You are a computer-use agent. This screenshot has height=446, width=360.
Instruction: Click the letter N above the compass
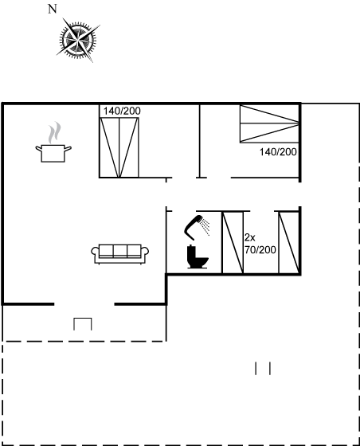53,10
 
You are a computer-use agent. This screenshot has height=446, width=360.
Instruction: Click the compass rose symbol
78,40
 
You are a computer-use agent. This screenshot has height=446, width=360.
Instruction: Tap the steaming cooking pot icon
53,143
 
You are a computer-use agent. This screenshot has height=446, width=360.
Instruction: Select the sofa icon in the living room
119,254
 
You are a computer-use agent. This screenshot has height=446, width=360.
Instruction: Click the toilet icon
198,256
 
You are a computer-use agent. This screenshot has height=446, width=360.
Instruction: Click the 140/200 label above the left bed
122,111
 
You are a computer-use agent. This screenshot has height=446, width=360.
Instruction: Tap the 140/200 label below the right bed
278,152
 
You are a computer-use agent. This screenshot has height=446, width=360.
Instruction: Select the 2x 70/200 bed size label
260,244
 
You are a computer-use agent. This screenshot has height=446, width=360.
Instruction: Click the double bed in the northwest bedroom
119,147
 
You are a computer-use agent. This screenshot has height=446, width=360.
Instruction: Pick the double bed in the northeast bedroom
269,123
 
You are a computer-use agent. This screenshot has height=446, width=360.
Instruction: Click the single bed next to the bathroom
233,243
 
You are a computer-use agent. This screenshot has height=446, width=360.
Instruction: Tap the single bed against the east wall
288,243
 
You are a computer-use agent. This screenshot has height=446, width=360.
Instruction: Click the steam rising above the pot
54,133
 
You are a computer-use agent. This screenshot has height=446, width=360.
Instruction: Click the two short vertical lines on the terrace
263,368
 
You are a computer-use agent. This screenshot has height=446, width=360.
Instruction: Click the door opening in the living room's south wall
84,304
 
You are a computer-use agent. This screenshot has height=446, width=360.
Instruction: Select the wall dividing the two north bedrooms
200,141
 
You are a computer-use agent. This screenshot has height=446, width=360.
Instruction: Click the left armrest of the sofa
95,252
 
